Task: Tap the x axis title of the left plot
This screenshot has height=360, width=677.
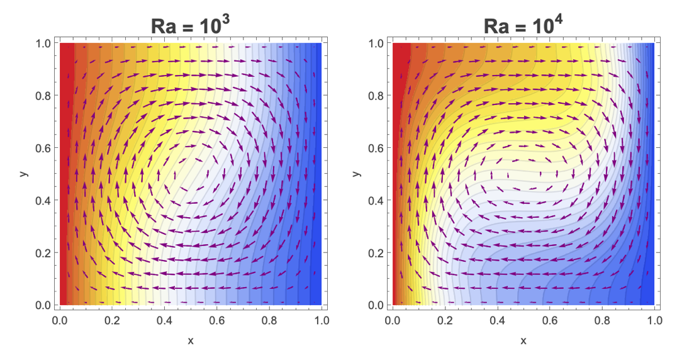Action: point(191,340)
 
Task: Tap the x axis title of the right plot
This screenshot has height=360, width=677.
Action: point(523,340)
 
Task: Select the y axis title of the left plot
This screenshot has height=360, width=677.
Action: point(23,173)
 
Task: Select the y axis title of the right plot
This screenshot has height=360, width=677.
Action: point(355,173)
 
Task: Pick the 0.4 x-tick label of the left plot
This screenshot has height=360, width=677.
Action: point(164,320)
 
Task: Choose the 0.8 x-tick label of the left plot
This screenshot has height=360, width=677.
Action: point(269,320)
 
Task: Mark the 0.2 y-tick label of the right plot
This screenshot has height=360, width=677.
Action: point(376,252)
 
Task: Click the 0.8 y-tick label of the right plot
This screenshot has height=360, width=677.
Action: point(376,96)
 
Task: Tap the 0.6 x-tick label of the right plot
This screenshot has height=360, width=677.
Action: point(549,320)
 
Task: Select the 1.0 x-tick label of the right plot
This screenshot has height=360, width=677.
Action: point(654,320)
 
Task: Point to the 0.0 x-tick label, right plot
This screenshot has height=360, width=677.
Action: point(393,320)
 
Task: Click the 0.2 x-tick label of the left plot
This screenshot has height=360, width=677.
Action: point(112,320)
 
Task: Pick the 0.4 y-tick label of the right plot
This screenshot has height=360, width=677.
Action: point(376,200)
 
